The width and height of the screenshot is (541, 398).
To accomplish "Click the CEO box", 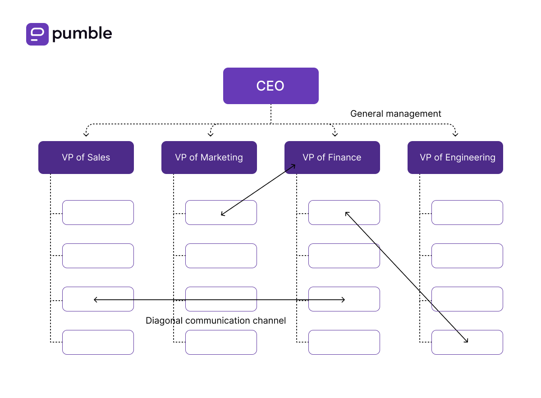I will point(270,86).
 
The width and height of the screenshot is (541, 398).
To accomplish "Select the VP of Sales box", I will point(86,157).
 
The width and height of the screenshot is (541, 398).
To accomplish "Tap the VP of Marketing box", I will point(209,157).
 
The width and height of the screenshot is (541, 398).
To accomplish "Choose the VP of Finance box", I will point(332,157).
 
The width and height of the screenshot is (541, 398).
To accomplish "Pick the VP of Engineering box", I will point(455,157).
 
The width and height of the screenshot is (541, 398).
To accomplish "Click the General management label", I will point(395,114).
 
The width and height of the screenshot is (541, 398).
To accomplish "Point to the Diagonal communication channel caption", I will point(215,320).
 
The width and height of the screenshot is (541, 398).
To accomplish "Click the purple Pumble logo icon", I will point(37,34).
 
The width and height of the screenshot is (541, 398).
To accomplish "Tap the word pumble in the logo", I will point(82,34).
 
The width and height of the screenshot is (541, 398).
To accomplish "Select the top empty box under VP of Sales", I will point(98,212).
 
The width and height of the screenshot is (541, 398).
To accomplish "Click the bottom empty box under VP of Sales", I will point(98,342).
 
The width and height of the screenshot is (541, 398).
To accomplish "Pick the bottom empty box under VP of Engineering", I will point(467,342).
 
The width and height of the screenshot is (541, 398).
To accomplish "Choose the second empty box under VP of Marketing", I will point(221,256).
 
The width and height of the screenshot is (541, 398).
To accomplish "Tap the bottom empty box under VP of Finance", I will point(344,342).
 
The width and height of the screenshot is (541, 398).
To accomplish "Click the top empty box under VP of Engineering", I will point(467,212).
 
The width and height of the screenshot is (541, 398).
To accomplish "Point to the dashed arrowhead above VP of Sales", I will point(86,134).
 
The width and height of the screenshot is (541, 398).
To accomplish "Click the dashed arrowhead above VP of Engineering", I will point(455,134).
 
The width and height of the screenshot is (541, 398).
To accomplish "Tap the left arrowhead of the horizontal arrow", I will point(95,299).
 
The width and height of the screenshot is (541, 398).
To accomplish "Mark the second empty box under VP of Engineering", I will point(467,256).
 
